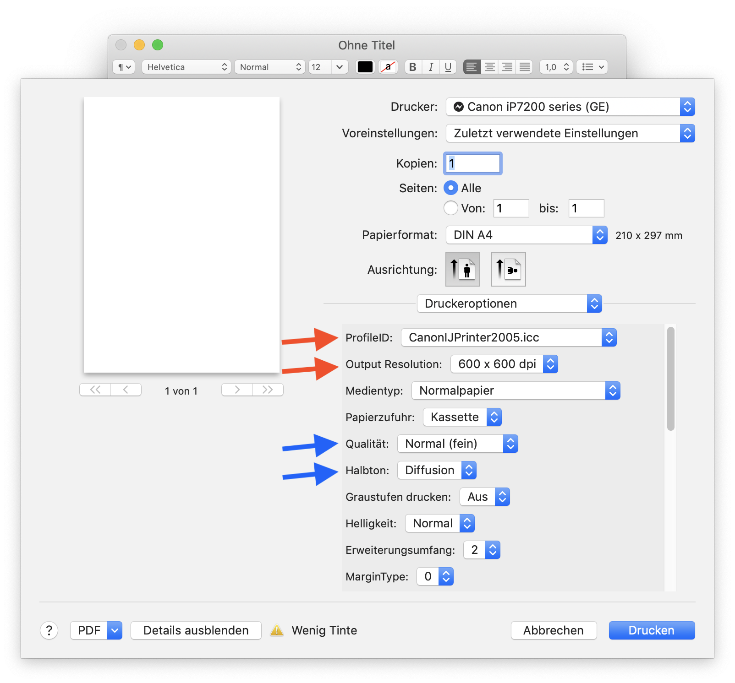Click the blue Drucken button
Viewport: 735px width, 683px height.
pos(652,630)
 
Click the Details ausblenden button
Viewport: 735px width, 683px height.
pos(196,630)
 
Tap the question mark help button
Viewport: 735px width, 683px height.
pos(49,630)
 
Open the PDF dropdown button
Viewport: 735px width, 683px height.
pos(96,630)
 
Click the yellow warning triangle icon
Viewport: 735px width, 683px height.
pos(277,630)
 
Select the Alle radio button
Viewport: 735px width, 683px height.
pos(451,188)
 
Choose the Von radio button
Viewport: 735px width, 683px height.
pos(451,208)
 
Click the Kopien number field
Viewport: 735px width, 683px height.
pos(473,163)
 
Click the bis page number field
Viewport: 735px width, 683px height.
pos(586,208)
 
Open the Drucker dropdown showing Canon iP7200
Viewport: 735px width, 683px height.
pos(570,107)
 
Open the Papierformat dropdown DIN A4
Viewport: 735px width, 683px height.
pos(527,235)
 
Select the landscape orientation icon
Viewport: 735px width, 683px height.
pos(509,269)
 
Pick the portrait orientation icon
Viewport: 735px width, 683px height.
pos(463,269)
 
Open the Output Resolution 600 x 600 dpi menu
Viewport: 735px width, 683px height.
pos(505,364)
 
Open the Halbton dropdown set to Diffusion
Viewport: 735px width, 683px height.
pos(437,470)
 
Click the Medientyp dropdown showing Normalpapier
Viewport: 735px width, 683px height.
pos(516,390)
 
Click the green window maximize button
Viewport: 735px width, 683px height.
pos(158,45)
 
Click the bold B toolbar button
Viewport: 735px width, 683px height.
pos(413,67)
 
